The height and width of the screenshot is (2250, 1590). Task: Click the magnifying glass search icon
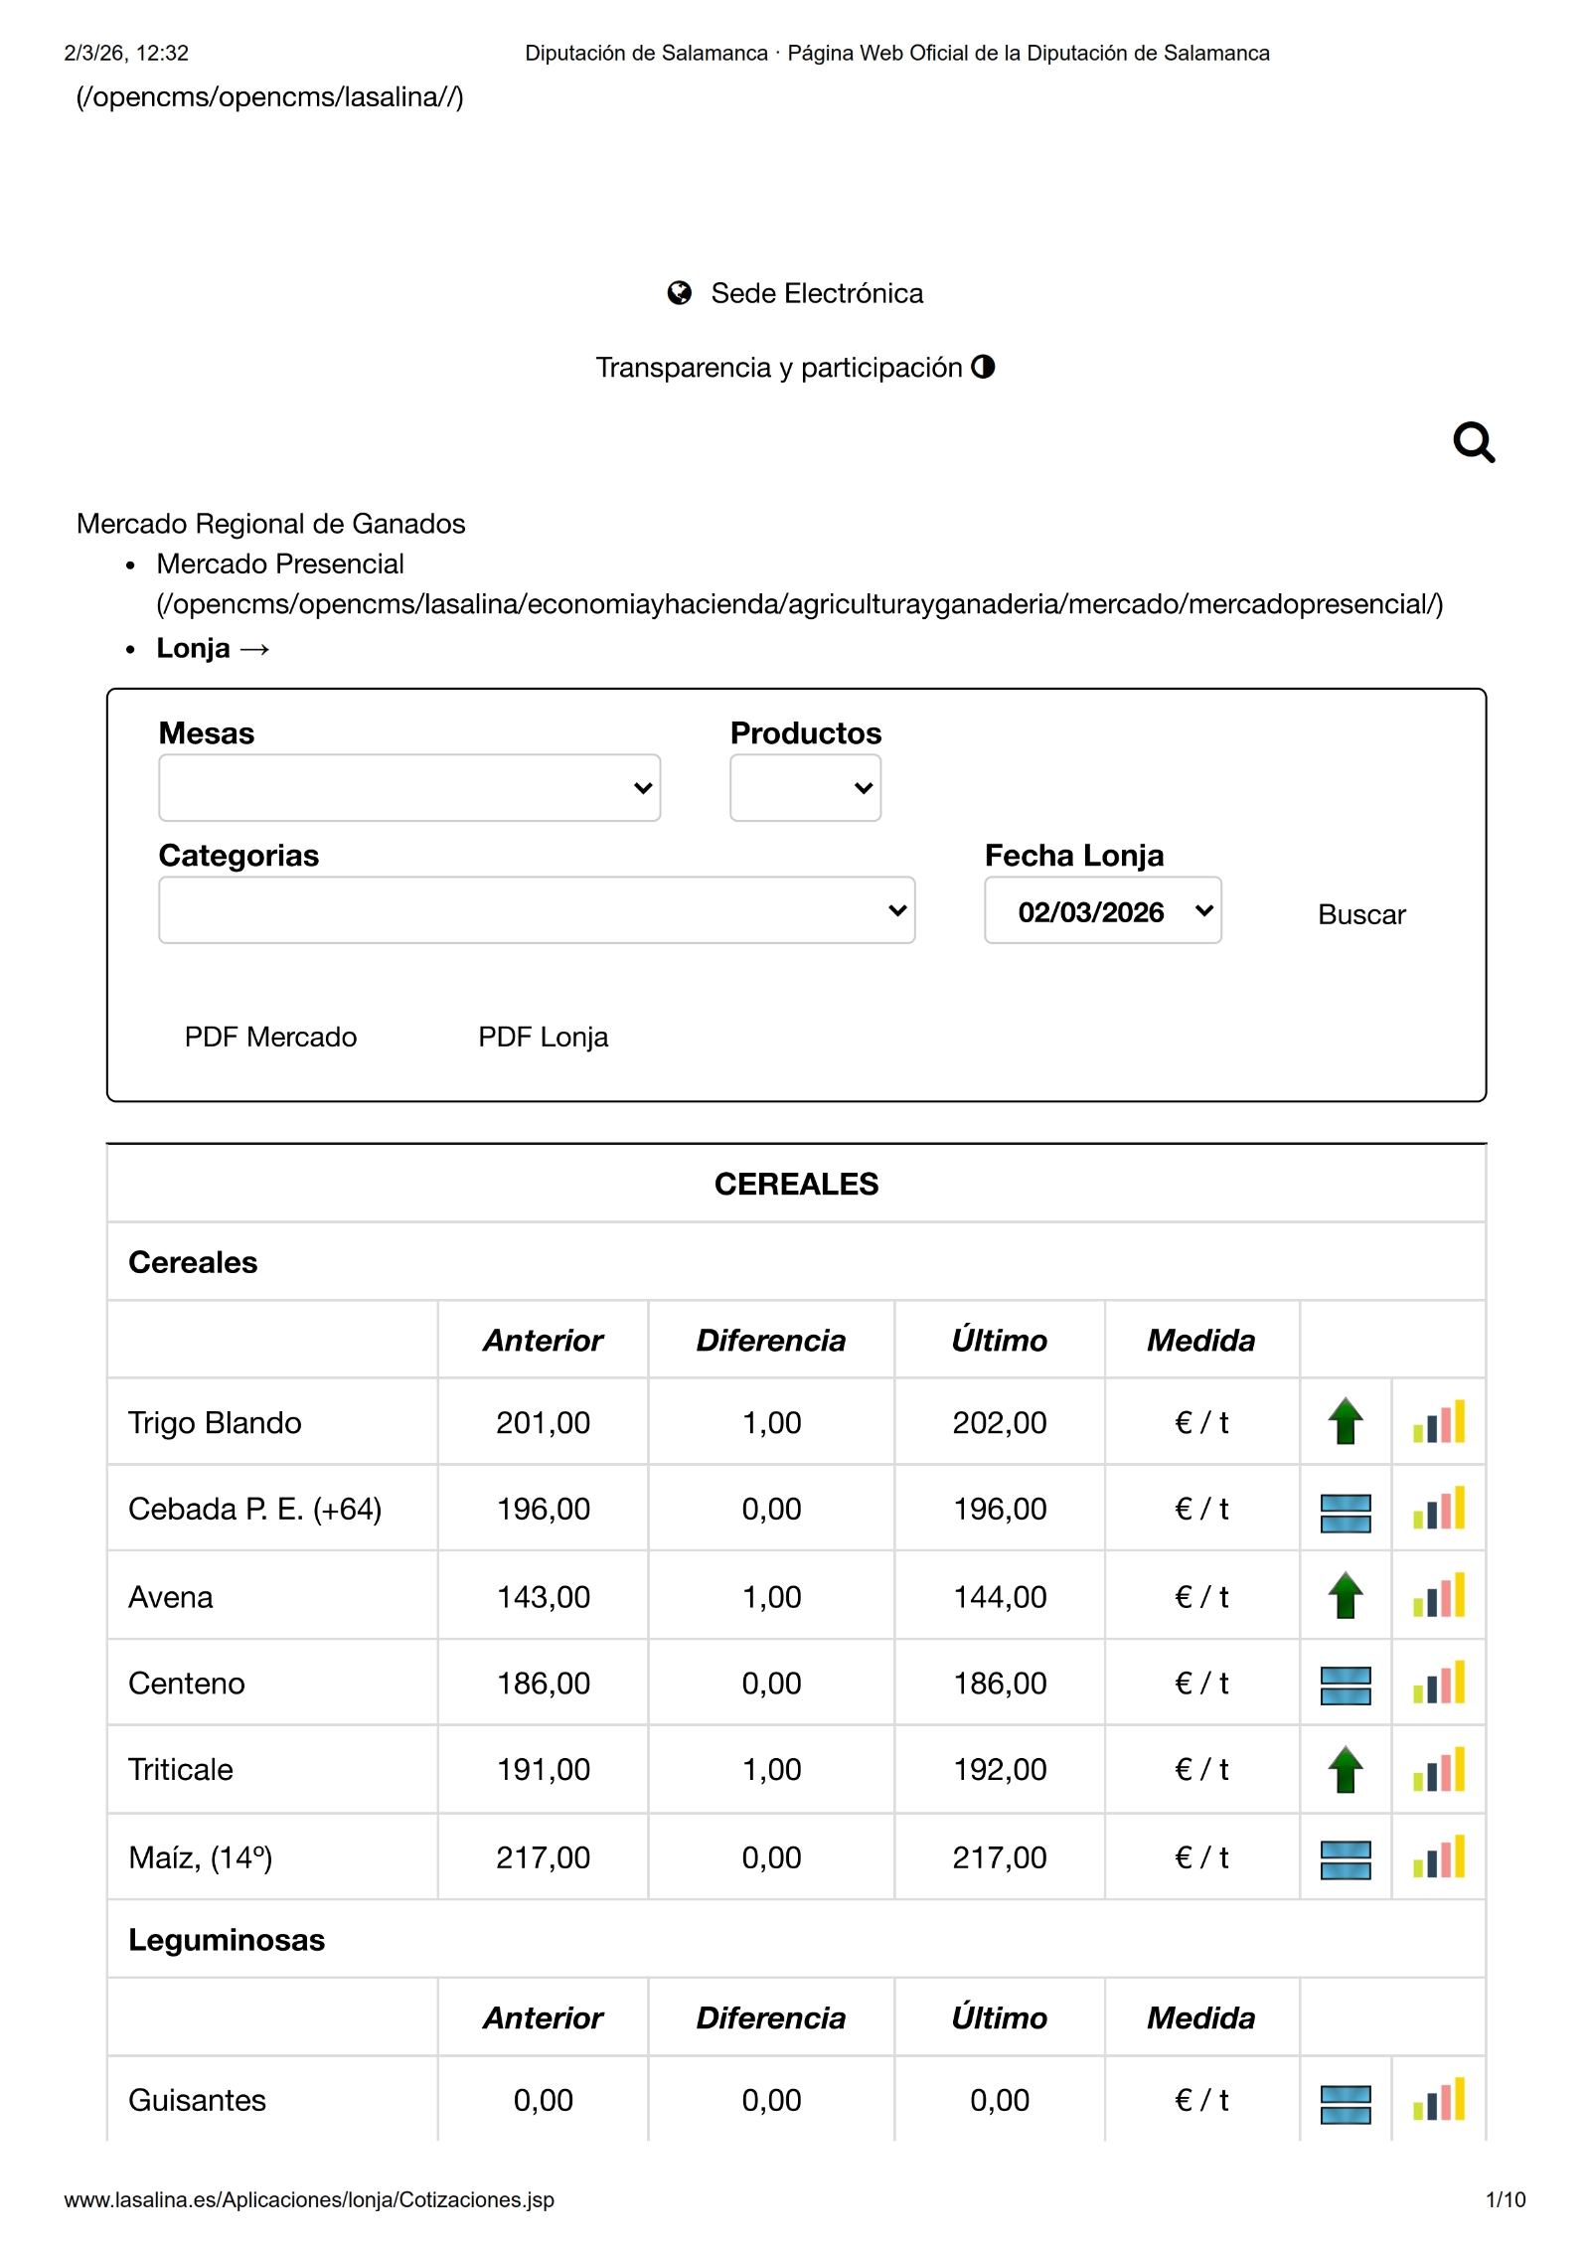click(1473, 442)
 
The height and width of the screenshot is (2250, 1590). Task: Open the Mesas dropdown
click(408, 787)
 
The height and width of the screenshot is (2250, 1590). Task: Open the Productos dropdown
click(804, 787)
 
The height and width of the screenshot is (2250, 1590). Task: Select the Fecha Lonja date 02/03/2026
click(1101, 910)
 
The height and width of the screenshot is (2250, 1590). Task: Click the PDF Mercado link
click(270, 1037)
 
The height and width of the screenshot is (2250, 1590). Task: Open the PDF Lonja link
click(543, 1037)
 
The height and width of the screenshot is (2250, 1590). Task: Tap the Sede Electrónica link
click(816, 293)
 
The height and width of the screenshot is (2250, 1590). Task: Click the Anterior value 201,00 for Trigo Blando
click(543, 1422)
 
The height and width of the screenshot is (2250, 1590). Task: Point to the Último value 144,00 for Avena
click(999, 1596)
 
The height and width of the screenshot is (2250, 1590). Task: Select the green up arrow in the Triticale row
click(1345, 1769)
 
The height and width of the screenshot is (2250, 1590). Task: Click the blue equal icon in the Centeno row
click(1345, 1684)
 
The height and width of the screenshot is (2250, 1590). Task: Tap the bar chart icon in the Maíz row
click(1438, 1856)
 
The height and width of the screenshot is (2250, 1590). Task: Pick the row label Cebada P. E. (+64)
click(254, 1509)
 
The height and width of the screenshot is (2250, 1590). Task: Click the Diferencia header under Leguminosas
click(770, 2017)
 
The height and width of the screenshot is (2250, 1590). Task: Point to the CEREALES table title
click(796, 1184)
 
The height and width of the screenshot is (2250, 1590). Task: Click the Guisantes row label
click(197, 2100)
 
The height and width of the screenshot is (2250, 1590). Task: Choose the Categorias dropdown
click(536, 910)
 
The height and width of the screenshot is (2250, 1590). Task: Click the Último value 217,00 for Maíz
click(999, 1856)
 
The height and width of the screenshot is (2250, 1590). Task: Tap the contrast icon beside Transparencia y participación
click(983, 367)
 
